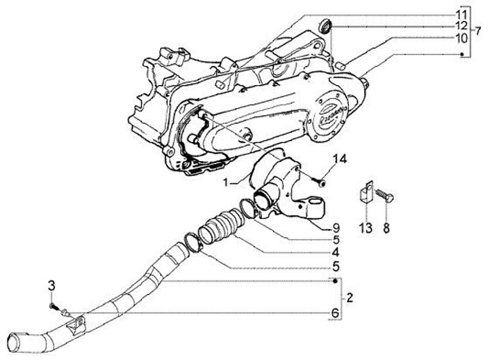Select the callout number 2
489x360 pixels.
tap(350, 297)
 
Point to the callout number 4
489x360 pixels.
tap(335, 252)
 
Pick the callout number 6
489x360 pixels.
tap(335, 312)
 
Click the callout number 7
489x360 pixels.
tap(479, 33)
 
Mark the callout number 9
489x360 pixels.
tap(335, 227)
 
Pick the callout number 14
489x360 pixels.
tap(320, 159)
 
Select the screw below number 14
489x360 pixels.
tap(320, 180)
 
